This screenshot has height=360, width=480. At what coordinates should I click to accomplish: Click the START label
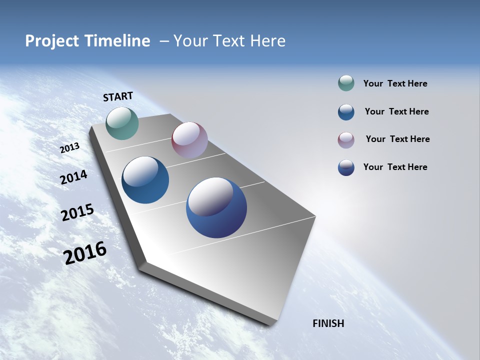118,96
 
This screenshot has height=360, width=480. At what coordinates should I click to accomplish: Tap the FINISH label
328,323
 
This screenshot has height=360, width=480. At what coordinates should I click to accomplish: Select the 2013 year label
69,148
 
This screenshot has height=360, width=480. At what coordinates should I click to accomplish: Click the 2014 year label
73,177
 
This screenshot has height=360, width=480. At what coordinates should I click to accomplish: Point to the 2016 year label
85,253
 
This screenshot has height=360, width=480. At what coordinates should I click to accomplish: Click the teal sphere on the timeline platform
122,123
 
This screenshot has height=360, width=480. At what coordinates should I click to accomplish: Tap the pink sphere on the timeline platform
189,140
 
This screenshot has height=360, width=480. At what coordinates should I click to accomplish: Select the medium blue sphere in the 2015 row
145,180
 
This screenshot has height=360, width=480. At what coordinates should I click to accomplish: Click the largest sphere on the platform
216,207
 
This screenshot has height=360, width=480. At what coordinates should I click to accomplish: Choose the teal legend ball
346,83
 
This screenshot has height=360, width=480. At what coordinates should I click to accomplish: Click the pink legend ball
346,140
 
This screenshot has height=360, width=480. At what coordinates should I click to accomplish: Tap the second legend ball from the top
346,112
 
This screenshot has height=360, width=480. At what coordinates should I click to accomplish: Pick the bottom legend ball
346,167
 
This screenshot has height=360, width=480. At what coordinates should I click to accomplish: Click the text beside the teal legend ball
395,84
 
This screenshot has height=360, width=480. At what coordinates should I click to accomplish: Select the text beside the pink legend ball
397,139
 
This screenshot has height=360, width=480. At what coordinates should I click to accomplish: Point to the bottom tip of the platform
270,323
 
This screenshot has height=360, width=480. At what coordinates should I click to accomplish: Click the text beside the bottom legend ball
395,167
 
